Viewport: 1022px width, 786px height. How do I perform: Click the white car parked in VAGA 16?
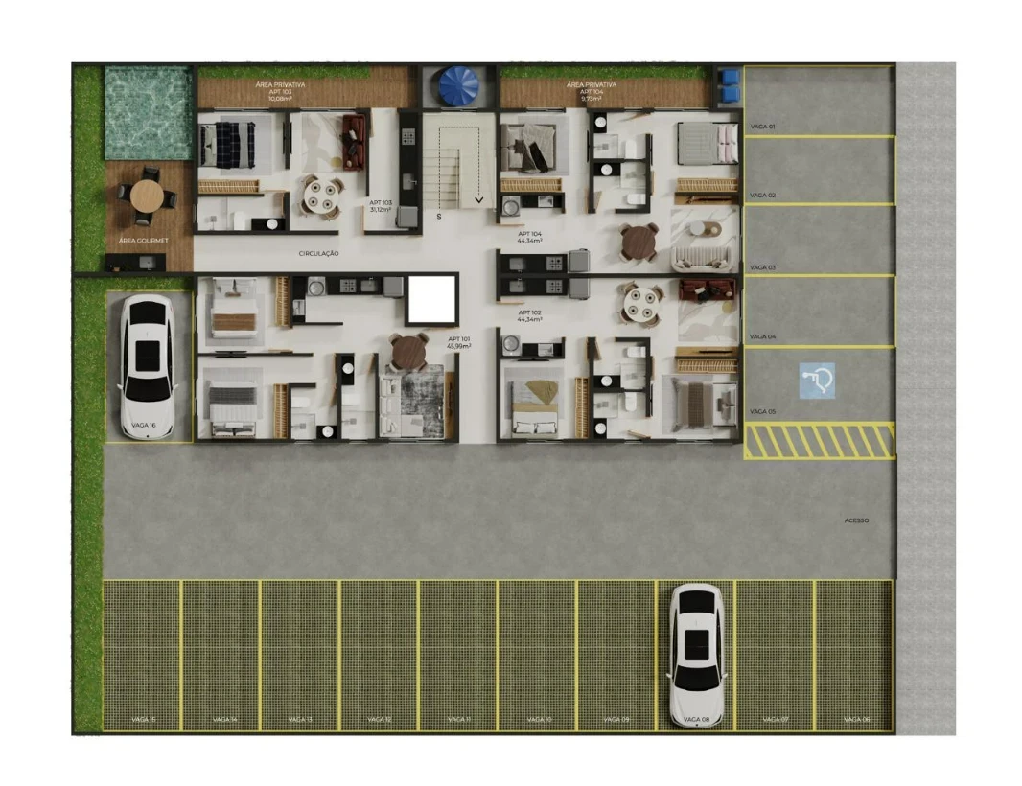(x=147, y=365)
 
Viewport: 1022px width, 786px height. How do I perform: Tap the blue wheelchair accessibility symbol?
(x=817, y=380)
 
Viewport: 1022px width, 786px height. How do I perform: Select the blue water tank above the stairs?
(x=458, y=86)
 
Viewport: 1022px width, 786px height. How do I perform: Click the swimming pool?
(x=148, y=112)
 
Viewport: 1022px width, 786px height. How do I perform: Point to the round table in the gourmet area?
(x=147, y=196)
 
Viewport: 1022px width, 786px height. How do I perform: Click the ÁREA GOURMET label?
(x=139, y=242)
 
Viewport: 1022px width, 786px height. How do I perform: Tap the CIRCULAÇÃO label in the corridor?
(x=319, y=254)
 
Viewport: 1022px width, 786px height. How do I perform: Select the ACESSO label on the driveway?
(x=856, y=520)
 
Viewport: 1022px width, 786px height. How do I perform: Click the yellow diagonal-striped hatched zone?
(x=820, y=442)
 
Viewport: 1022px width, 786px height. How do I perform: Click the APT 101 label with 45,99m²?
(x=459, y=342)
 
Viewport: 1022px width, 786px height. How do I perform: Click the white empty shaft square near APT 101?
(x=430, y=299)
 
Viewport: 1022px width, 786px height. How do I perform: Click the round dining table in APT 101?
(x=409, y=351)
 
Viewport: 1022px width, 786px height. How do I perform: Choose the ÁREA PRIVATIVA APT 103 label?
(x=280, y=91)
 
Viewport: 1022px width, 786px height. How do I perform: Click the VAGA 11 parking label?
(x=458, y=719)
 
